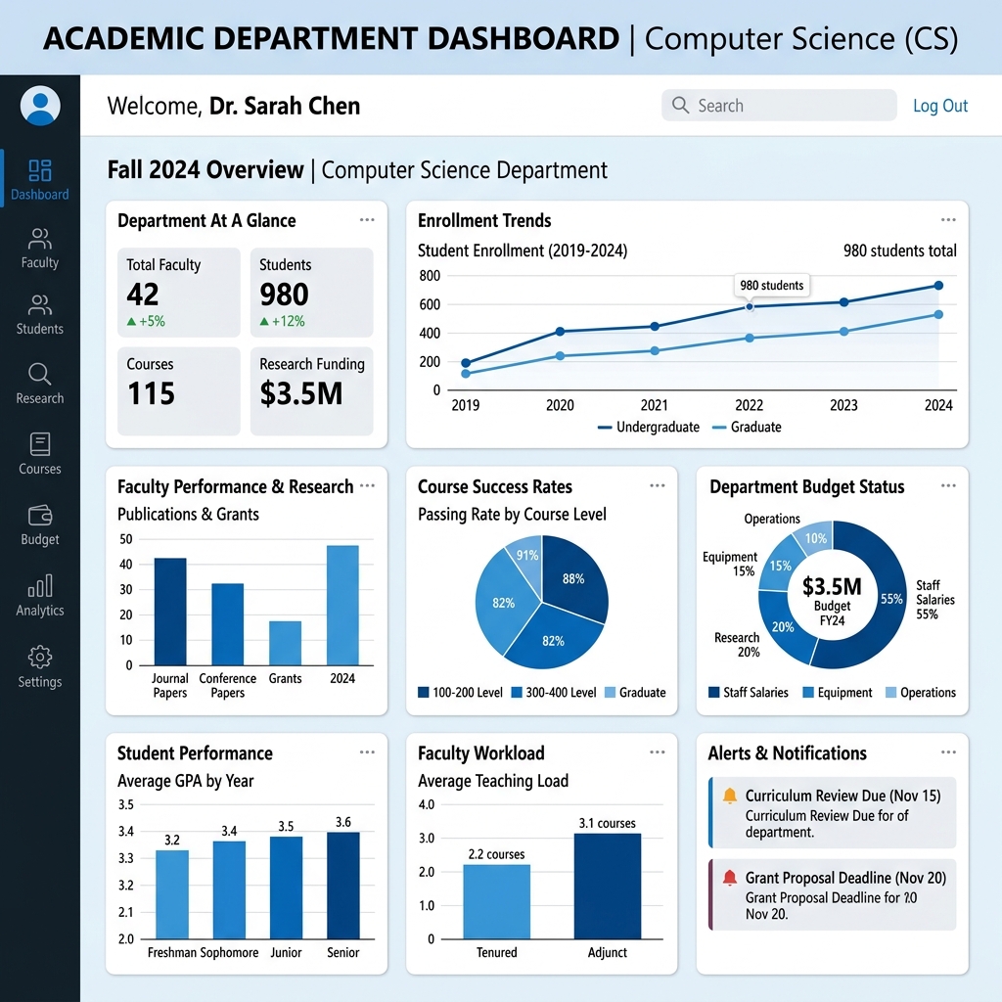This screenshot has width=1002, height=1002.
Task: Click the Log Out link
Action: (x=939, y=106)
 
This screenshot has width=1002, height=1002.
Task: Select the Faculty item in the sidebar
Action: (x=40, y=249)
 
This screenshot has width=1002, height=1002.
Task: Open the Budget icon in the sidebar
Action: (x=40, y=515)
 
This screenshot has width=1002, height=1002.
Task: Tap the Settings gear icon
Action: (x=40, y=657)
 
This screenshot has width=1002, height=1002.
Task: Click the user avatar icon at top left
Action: (x=40, y=105)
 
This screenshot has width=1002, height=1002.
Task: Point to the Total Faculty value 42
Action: (x=143, y=294)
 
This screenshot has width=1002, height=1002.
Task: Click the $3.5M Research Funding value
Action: (x=301, y=393)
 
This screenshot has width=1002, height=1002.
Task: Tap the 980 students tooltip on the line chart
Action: (x=771, y=285)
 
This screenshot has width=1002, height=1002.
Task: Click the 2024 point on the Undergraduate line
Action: (x=938, y=286)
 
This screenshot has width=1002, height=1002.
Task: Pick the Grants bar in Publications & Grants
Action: (x=285, y=643)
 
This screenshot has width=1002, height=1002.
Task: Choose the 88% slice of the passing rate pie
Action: (x=574, y=579)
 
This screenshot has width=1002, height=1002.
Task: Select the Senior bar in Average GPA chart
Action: (x=343, y=885)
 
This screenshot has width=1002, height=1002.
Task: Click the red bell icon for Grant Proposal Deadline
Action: (x=729, y=878)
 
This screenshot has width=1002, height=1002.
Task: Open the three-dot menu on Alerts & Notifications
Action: (x=948, y=752)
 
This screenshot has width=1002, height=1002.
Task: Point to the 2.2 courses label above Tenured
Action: (x=496, y=854)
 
